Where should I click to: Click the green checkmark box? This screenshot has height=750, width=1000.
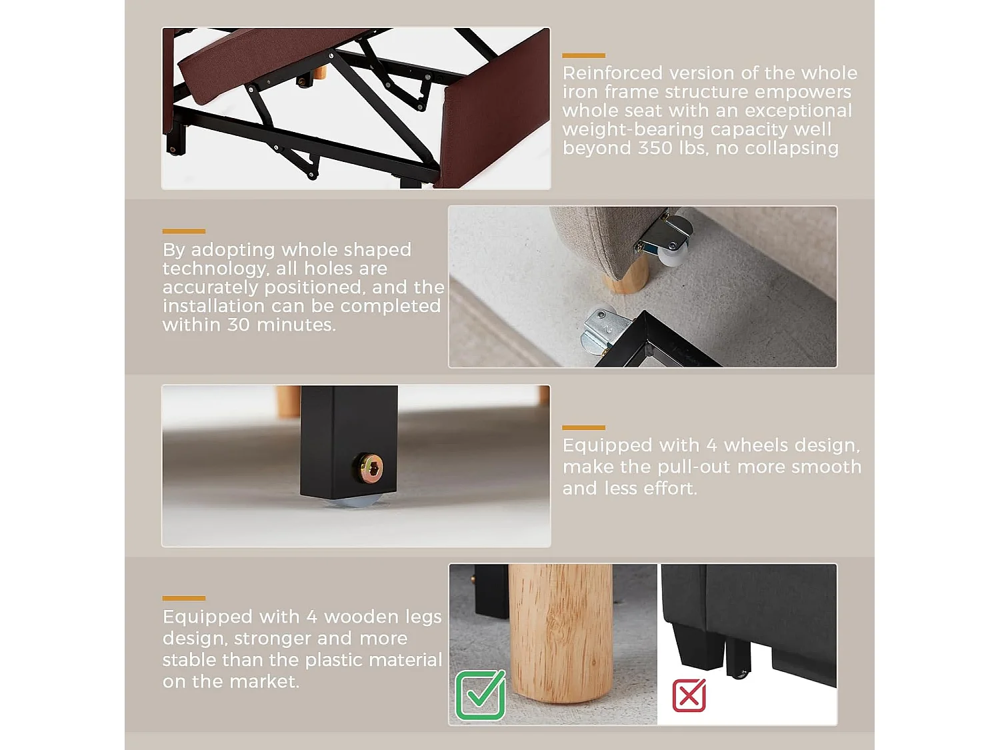pyautogui.click(x=480, y=695)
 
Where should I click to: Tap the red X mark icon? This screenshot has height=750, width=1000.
pyautogui.click(x=689, y=695)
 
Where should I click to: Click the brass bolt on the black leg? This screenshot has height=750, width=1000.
pyautogui.click(x=369, y=469)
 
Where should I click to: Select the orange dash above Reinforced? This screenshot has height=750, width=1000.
pyautogui.click(x=583, y=55)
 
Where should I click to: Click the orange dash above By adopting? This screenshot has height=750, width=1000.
pyautogui.click(x=183, y=231)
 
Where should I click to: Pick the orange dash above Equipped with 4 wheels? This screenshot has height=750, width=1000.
pyautogui.click(x=583, y=427)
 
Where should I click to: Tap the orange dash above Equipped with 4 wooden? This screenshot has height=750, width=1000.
pyautogui.click(x=183, y=598)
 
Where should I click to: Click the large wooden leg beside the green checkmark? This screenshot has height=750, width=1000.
pyautogui.click(x=560, y=633)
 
